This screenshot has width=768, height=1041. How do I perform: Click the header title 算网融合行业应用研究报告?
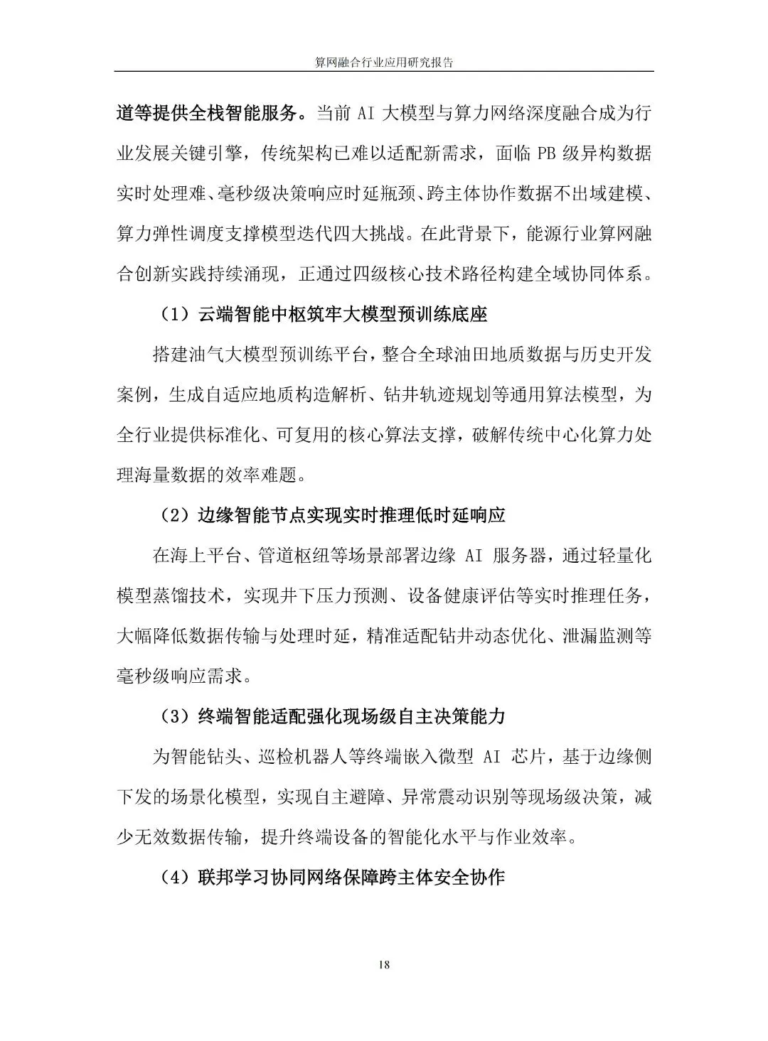[x=384, y=62]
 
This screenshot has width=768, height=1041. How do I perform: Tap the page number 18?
[x=384, y=964]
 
